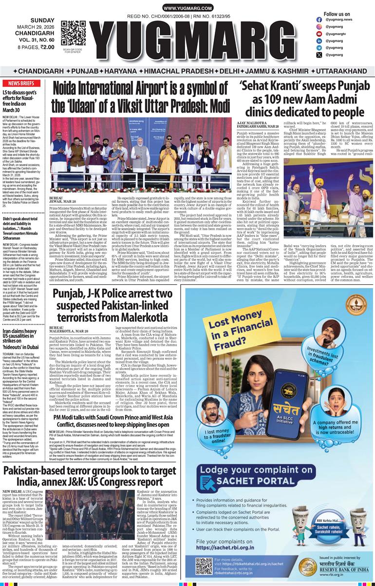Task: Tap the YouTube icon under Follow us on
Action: pyautogui.click(x=319, y=34)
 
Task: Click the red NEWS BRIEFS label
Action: pyautogui.click(x=18, y=83)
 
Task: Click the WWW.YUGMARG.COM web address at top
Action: pyautogui.click(x=187, y=8)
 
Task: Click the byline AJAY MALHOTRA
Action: pyautogui.click(x=251, y=123)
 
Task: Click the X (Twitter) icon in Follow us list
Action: pyautogui.click(x=319, y=55)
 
